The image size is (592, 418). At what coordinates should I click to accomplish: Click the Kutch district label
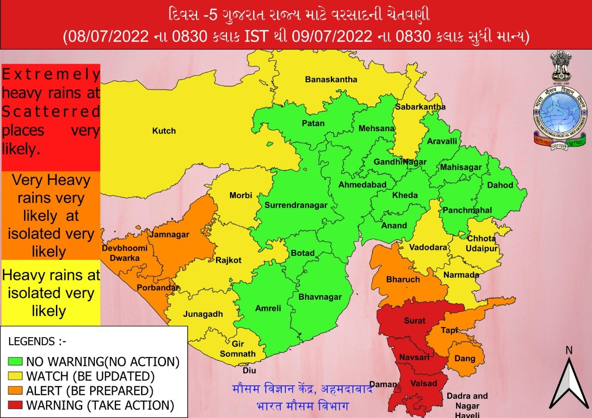point(164,131)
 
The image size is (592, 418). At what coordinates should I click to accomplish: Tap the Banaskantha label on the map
point(331,79)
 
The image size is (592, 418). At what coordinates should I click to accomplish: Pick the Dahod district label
point(500,185)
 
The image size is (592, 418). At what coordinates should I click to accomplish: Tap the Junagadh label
point(203,314)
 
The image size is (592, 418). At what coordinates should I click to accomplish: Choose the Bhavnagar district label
point(320,297)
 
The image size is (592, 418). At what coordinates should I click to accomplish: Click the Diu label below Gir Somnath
point(249,370)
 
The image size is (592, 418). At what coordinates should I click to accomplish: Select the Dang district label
point(465,358)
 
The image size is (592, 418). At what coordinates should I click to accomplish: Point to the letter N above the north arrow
point(569,350)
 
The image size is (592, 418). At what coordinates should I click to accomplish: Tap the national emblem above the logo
point(561,66)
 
